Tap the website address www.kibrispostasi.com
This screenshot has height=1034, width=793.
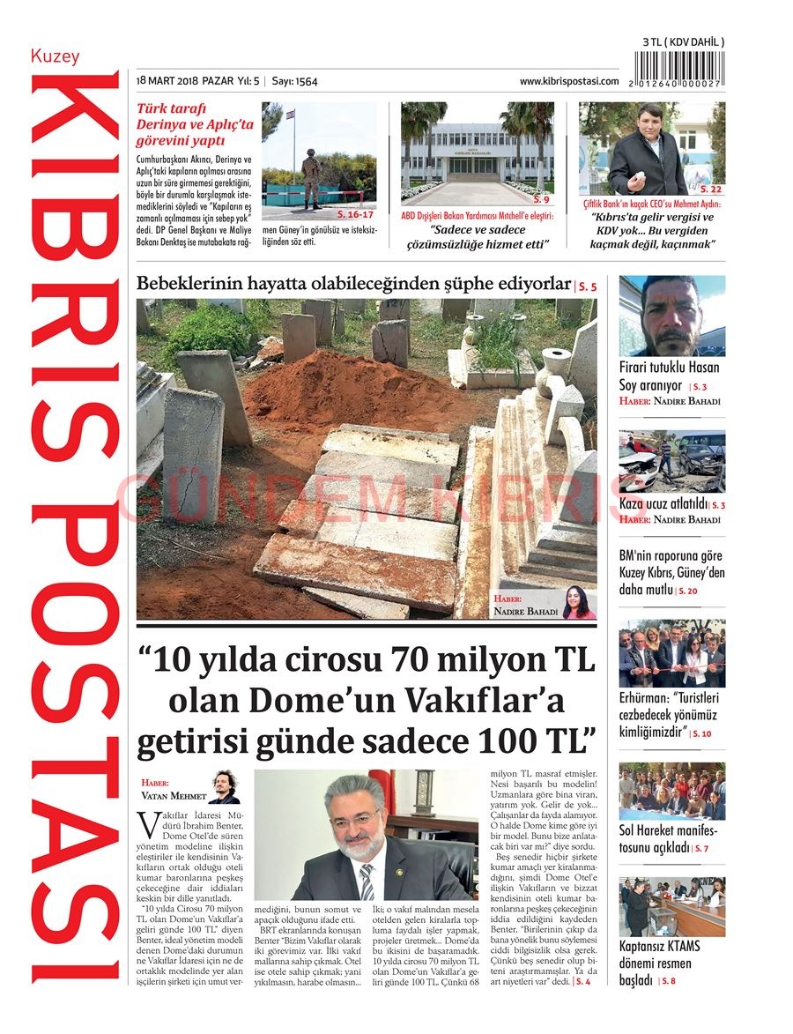pos(568,81)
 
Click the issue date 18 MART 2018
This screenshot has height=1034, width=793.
pos(167,81)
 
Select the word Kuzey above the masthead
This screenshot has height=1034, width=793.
pos(55,56)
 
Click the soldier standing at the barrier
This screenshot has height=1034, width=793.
pos(311,180)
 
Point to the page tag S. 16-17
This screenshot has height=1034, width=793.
pos(356,214)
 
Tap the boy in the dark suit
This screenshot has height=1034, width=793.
pos(647,153)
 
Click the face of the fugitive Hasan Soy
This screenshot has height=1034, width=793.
pos(670,313)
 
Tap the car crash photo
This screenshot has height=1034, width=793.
pos(671,461)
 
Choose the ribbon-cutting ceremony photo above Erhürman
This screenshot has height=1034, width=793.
pos(671,653)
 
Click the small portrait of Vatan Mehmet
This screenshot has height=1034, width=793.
pos(225,787)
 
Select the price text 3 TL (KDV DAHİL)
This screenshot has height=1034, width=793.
pos(683,42)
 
